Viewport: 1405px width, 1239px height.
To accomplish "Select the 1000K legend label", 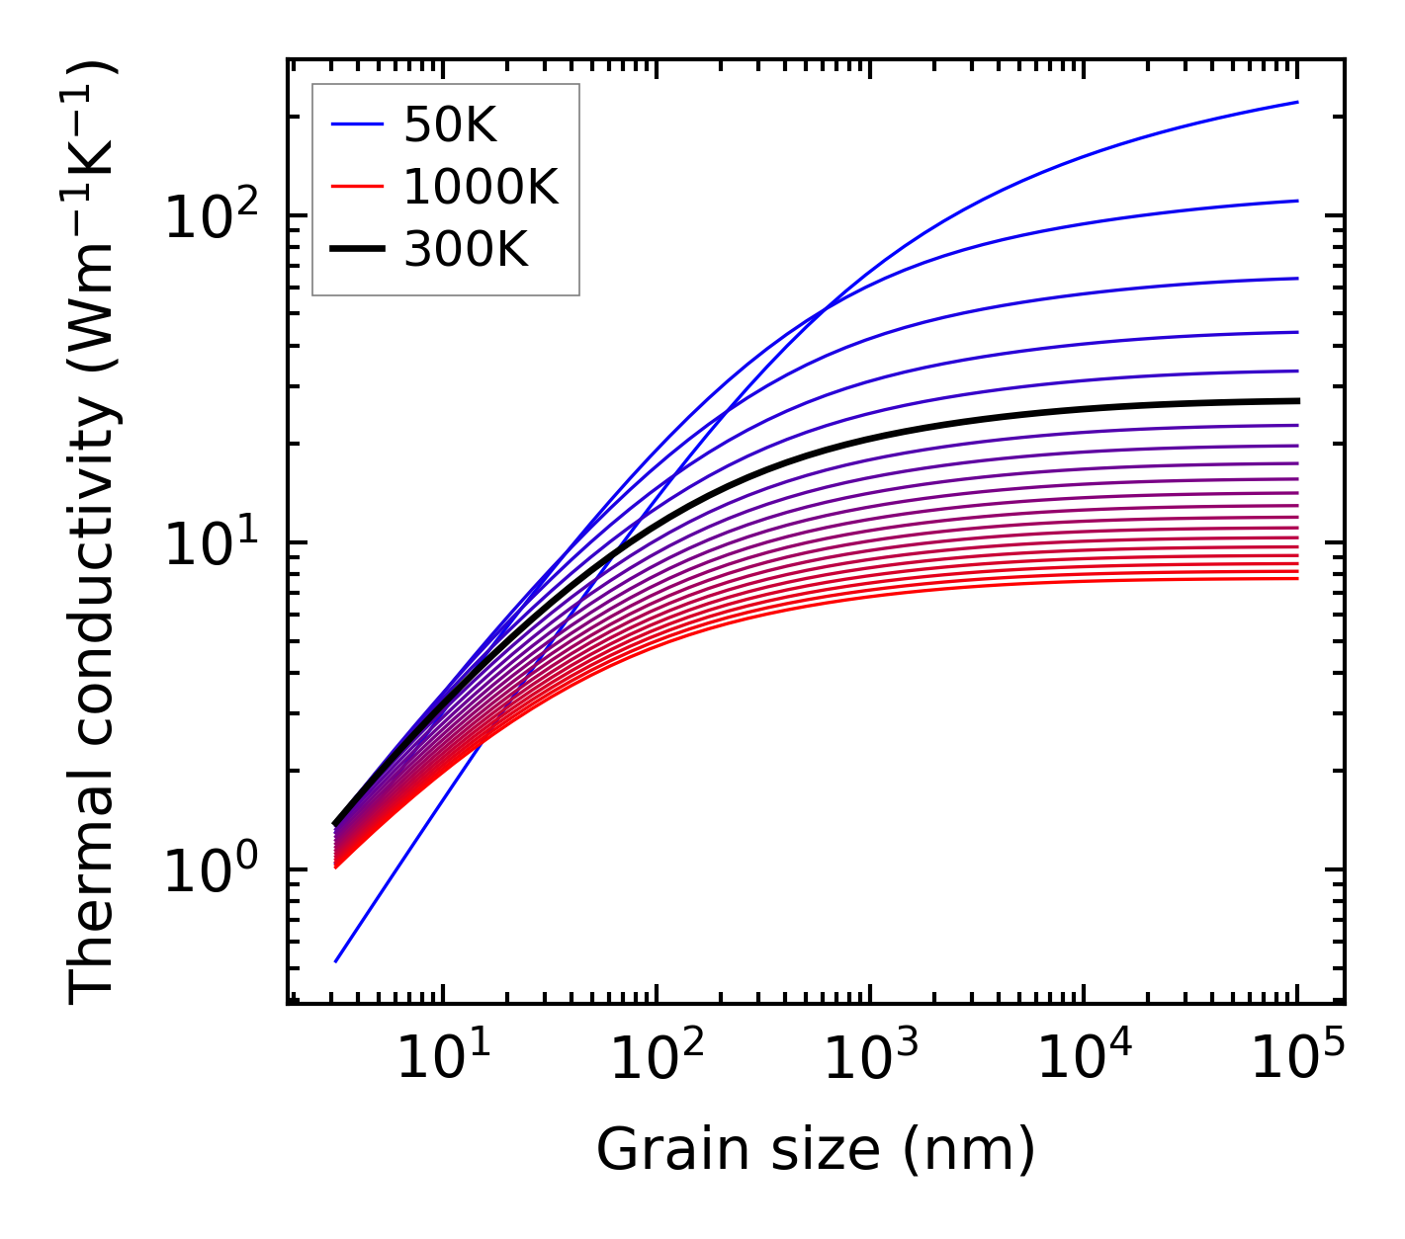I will [x=481, y=187].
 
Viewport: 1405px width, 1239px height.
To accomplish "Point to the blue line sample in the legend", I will [x=356, y=124].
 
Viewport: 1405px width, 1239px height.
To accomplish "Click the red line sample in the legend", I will [x=356, y=187].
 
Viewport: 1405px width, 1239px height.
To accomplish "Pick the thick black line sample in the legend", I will [x=356, y=250].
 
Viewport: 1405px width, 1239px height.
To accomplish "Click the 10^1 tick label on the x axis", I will [x=442, y=1060].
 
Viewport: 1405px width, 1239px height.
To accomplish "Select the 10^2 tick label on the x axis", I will [x=656, y=1060].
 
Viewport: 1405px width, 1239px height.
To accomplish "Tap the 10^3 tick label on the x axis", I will [x=869, y=1060].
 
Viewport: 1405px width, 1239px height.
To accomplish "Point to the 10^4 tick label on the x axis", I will [x=1083, y=1060].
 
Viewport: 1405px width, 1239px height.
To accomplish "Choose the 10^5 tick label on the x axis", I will [x=1296, y=1060].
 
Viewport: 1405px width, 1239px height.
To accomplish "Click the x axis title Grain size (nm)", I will [x=816, y=1149].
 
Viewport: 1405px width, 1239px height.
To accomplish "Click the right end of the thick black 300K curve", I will [x=1297, y=400].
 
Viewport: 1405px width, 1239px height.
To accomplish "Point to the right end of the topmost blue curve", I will [x=1297, y=102].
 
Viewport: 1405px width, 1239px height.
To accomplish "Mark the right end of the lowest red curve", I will [x=1297, y=578].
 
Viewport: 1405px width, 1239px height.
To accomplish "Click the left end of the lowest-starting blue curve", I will [x=336, y=961].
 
